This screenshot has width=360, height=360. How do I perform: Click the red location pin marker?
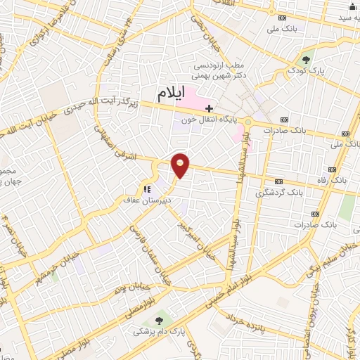tap(181, 165)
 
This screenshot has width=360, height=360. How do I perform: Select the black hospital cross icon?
tap(209, 108)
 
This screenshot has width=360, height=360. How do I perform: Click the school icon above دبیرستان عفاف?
tap(147, 188)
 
